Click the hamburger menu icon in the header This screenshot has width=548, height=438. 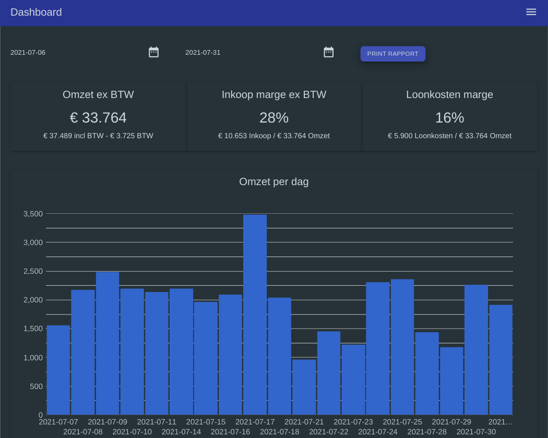(531, 12)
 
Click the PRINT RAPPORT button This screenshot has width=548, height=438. (392, 54)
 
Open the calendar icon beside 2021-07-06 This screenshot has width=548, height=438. (153, 52)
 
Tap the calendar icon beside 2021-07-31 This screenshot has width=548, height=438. (328, 52)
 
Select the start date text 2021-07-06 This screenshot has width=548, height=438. (28, 53)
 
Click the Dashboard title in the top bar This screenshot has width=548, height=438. (36, 12)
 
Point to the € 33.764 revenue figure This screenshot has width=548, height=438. (98, 118)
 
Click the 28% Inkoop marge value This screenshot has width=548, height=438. (274, 118)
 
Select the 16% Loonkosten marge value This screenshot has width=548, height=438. (449, 118)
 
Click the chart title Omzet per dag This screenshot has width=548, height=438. (274, 181)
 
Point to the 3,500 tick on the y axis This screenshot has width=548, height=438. (33, 214)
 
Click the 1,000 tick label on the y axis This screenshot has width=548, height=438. (33, 358)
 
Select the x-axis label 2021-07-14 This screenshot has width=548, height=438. (181, 432)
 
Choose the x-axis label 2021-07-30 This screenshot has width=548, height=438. (476, 432)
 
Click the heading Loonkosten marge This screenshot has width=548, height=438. (449, 95)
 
